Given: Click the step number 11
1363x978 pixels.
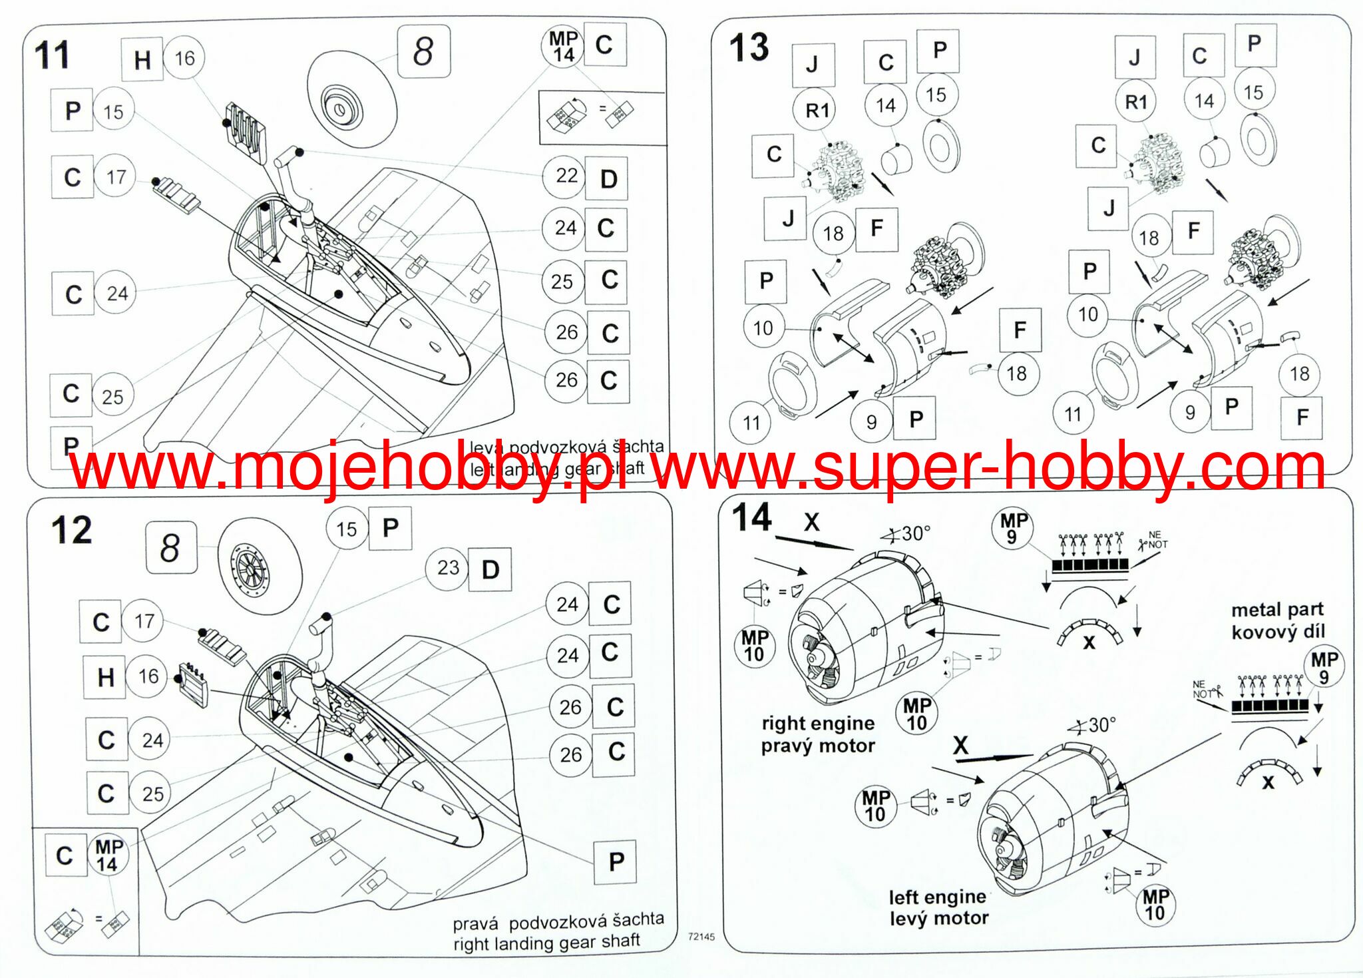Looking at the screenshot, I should coord(52,55).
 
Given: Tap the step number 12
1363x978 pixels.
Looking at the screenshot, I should coord(71,531).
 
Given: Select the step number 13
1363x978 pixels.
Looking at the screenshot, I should coord(749,48).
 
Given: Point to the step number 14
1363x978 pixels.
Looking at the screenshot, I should coord(751,517).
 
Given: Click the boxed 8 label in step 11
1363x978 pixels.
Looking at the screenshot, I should coord(423,51).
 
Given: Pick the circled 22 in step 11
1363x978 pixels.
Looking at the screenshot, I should coord(566,176).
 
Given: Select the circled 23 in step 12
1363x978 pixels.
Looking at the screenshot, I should coord(447,568).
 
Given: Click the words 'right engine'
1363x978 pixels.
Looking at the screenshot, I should coord(818,723).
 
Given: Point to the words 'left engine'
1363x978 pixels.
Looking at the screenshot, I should coord(937,897).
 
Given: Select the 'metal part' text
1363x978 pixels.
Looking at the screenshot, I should coord(1276,610).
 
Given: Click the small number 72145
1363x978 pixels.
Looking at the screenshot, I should coord(701,937).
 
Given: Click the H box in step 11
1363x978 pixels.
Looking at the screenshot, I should coord(142,60).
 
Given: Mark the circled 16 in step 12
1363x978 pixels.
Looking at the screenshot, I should coord(148,676).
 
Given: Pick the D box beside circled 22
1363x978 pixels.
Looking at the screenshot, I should coord(608,178).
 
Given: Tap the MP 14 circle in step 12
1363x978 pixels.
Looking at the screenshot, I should coord(107,856).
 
